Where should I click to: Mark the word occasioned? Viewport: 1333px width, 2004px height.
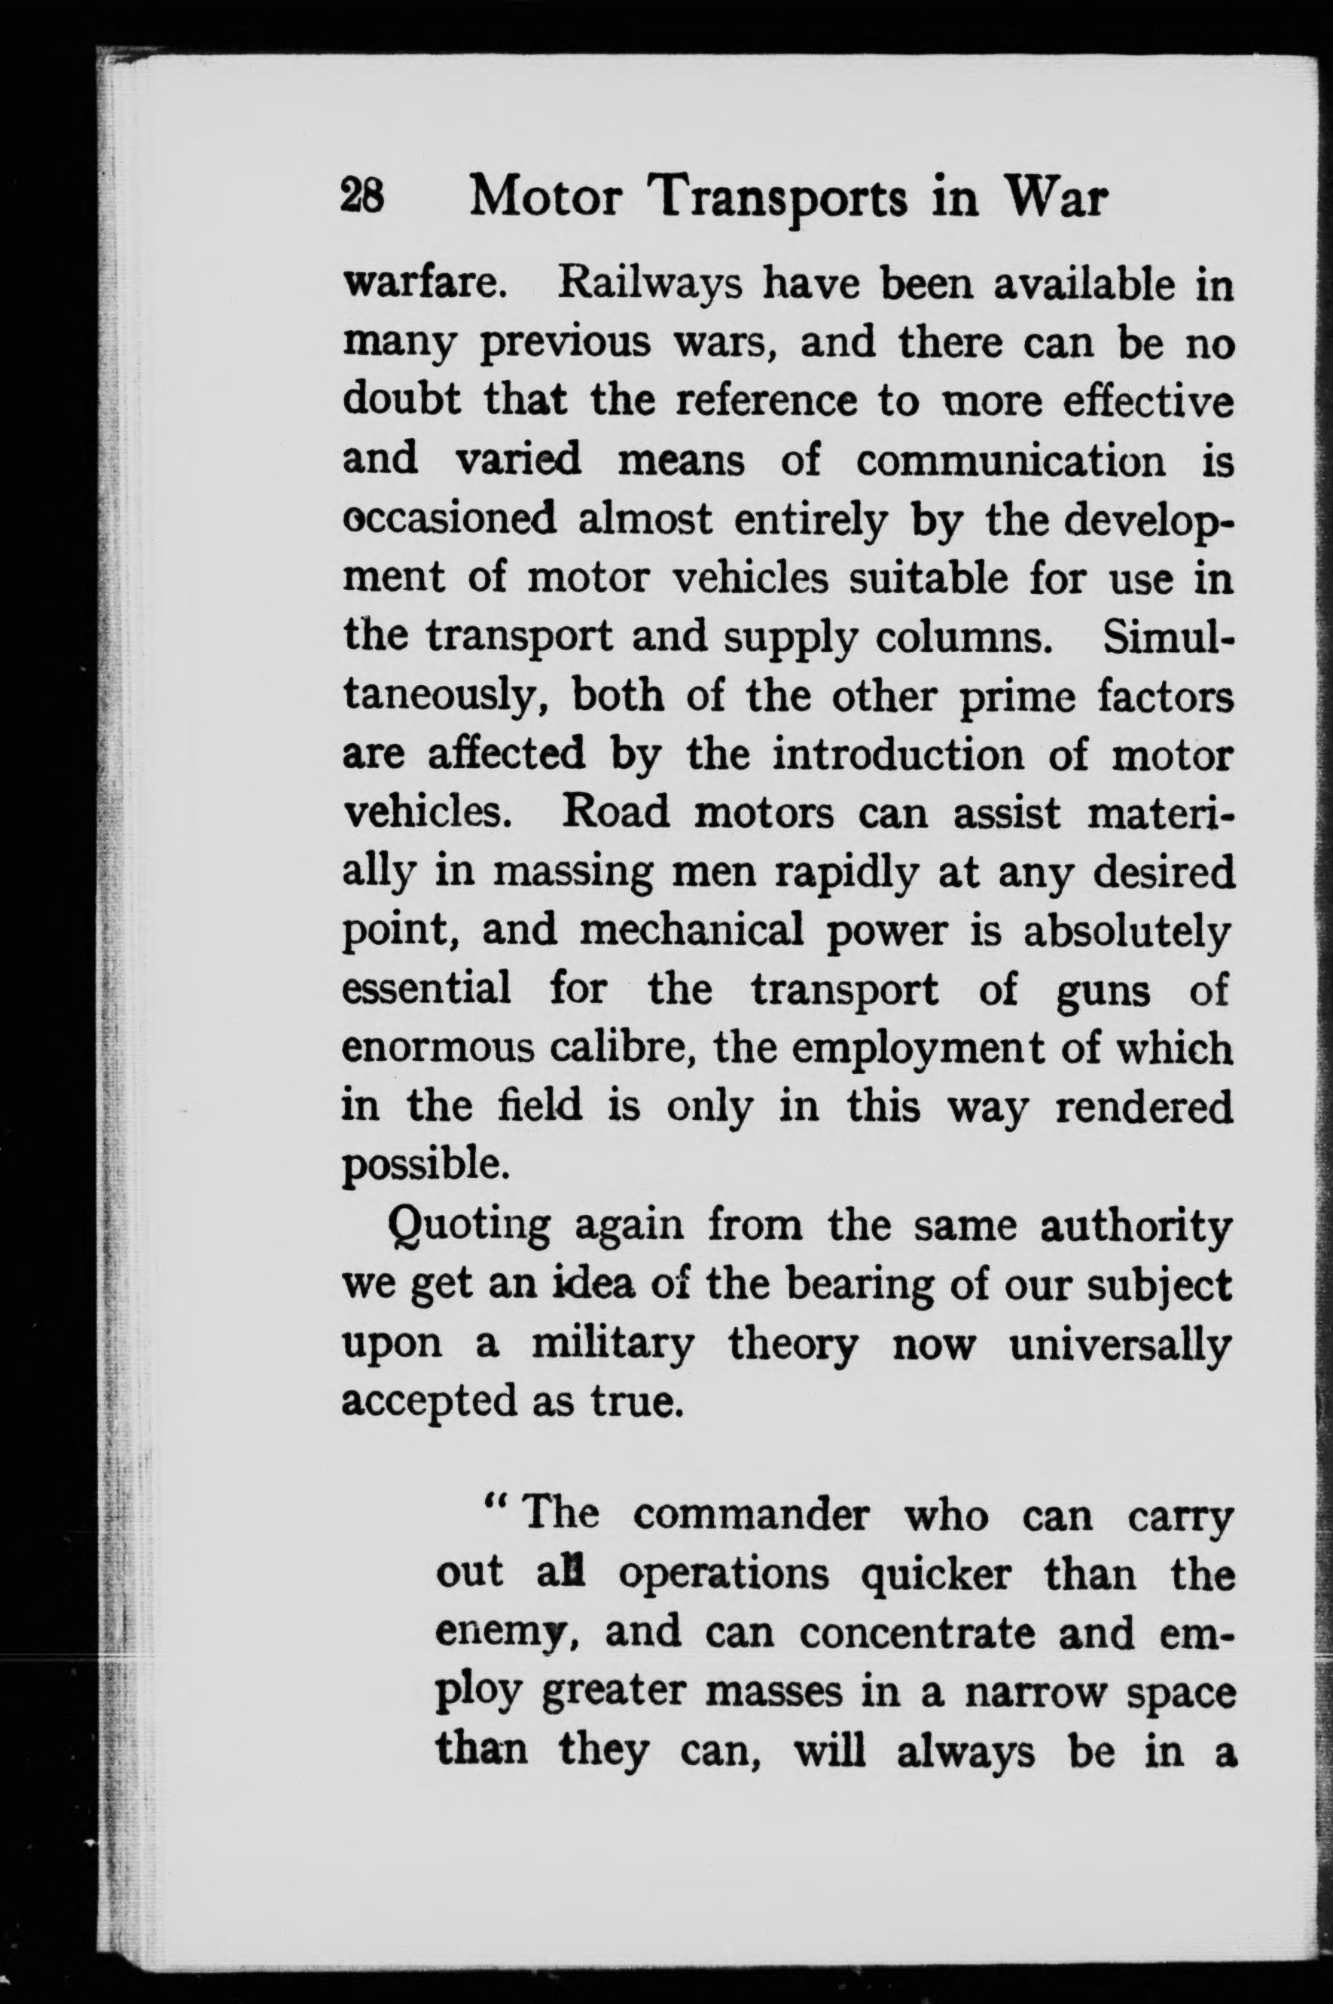449,519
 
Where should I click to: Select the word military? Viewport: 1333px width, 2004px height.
612,1345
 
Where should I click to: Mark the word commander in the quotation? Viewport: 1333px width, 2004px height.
752,1516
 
